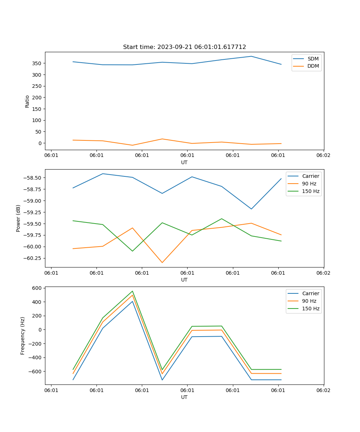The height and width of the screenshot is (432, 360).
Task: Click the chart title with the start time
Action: coord(184,47)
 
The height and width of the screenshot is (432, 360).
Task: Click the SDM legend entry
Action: coord(313,59)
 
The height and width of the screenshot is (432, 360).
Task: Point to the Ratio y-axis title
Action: coord(27,101)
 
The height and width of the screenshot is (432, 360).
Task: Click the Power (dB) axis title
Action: coord(18,218)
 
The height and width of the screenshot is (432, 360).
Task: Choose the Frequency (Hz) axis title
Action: coord(23,336)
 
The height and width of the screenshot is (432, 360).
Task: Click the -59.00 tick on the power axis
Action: coord(32,201)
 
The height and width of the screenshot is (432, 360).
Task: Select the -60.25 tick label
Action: coord(32,258)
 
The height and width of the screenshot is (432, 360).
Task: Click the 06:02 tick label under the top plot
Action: coord(323,156)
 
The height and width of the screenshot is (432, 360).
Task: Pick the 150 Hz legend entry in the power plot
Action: coord(311,192)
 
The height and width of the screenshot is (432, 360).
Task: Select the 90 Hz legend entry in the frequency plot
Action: coord(309,301)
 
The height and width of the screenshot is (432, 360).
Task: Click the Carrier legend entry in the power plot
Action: coord(310,176)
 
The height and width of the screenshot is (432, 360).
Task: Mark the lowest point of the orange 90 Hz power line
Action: coord(162,262)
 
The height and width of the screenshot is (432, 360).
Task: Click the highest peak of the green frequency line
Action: coord(132,291)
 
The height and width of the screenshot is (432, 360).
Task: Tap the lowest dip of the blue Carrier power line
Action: coord(251,209)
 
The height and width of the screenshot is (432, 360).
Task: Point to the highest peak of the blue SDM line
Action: coord(251,56)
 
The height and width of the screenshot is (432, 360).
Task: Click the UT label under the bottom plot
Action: coord(184,397)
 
